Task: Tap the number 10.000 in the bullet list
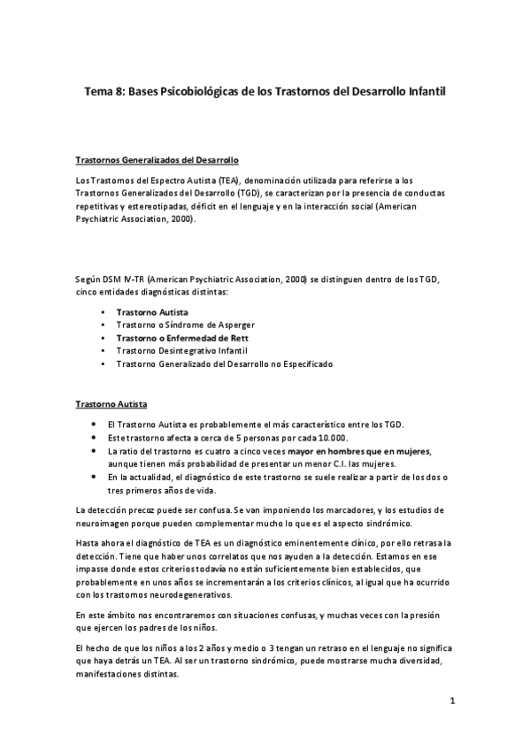332,438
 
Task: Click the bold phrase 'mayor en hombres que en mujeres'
357,451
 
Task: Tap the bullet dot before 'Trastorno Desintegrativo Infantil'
104,351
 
